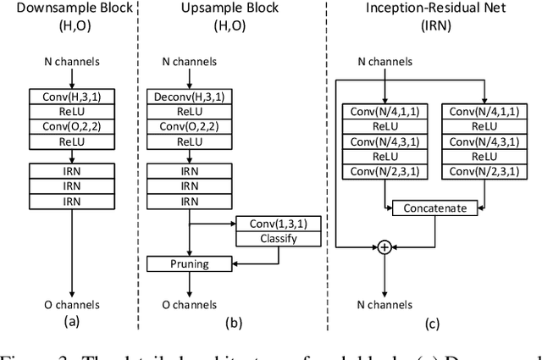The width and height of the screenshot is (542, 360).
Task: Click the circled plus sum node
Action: tap(384, 246)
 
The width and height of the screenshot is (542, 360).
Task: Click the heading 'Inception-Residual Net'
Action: tap(431, 9)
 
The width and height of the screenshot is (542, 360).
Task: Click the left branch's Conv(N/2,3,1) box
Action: tap(385, 173)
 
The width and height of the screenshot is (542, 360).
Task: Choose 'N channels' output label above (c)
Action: tap(384, 305)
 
